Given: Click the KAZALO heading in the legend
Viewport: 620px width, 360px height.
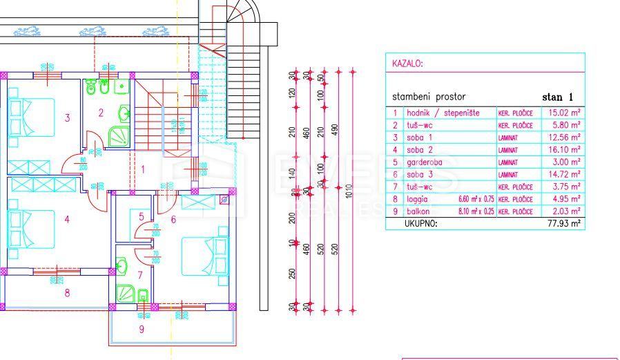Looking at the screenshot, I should [407, 64].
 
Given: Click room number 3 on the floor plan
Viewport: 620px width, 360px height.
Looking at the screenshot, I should [67, 118].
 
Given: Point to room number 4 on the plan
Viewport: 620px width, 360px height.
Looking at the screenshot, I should [67, 220].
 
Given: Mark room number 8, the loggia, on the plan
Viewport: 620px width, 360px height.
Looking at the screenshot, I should [67, 293].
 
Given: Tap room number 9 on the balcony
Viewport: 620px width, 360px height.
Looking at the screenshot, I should [142, 329].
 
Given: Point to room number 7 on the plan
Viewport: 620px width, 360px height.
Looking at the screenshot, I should [139, 276].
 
